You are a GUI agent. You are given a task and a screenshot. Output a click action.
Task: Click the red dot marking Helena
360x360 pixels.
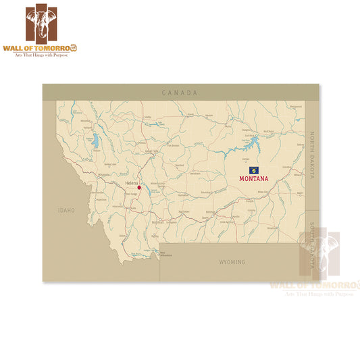[x=139, y=188]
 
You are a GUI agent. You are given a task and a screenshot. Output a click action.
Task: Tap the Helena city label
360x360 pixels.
[x=131, y=183]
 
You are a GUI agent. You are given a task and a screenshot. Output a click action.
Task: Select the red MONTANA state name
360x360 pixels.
[x=254, y=179]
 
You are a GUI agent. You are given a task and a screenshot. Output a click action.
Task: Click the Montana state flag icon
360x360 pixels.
[x=253, y=170]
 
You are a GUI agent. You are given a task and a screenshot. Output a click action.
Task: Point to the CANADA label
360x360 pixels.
[x=180, y=93]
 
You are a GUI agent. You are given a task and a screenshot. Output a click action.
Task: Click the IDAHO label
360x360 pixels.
[x=66, y=211]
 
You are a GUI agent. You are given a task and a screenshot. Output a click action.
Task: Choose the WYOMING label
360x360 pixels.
[x=232, y=261]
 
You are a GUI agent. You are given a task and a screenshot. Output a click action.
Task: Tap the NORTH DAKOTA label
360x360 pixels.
[x=312, y=155]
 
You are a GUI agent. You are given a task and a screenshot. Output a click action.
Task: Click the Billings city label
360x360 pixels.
[x=209, y=211]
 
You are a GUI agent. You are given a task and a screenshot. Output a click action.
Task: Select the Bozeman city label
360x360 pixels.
[x=158, y=222]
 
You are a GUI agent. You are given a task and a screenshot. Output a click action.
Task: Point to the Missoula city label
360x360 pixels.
[x=104, y=174]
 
